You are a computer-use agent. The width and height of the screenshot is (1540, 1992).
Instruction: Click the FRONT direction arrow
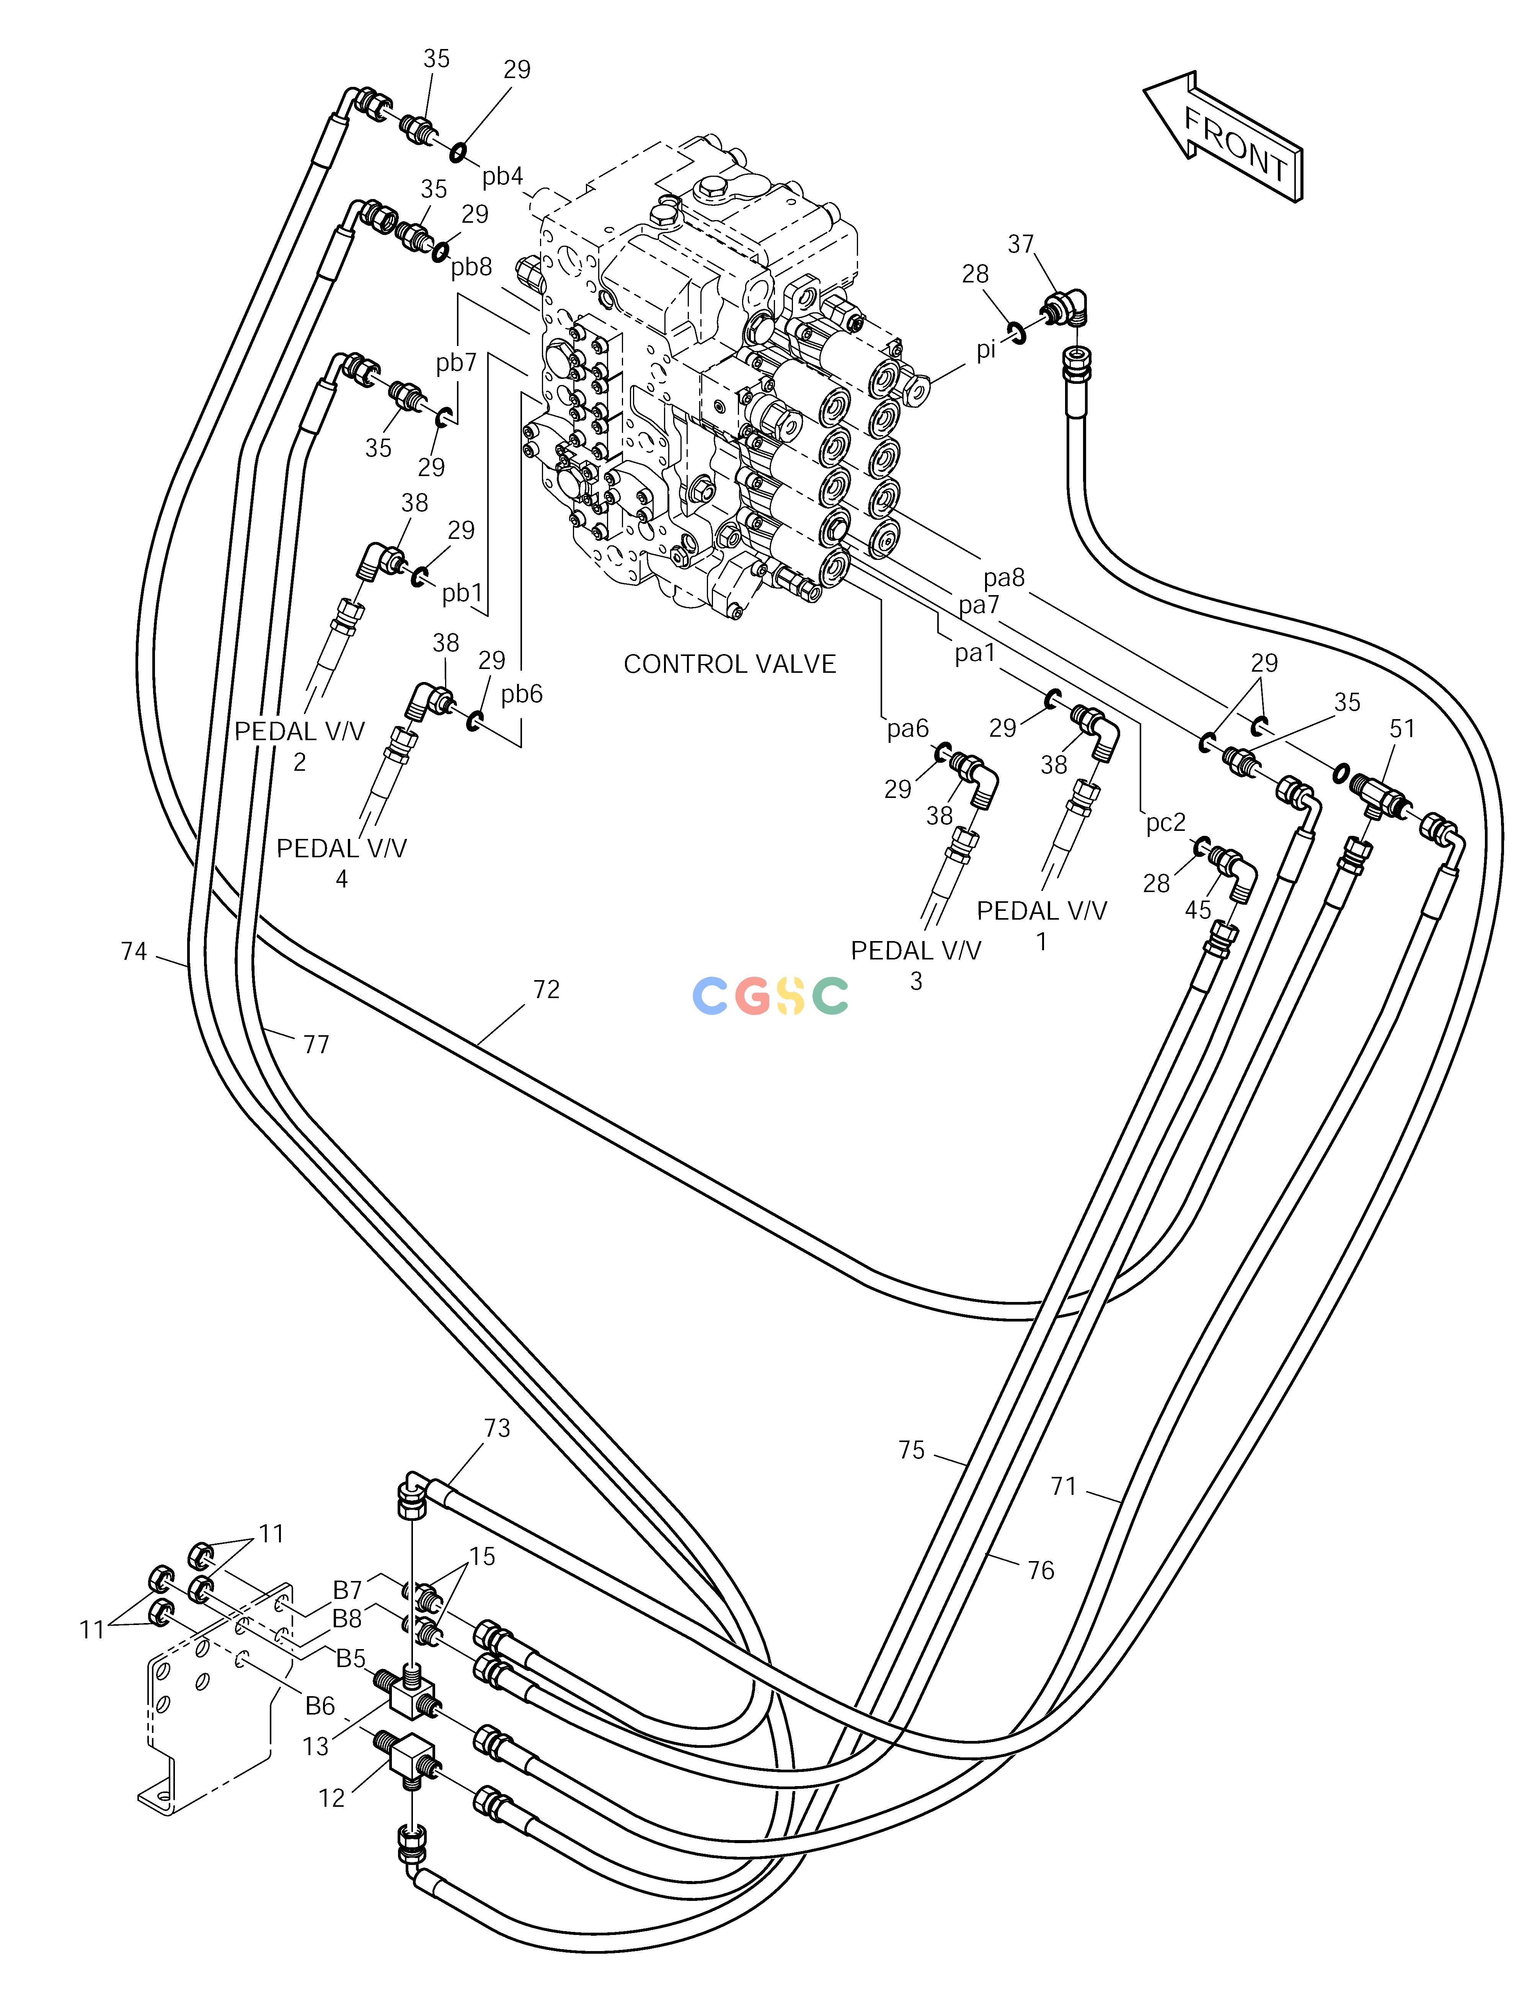pos(1222,137)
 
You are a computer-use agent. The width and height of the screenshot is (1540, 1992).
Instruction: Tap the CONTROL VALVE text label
pos(730,664)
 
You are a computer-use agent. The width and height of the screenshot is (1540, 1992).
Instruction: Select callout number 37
pos(1021,245)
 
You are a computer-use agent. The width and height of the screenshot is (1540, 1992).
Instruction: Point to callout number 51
pos(1402,729)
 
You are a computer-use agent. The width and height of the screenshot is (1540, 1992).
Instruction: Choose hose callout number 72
pos(546,990)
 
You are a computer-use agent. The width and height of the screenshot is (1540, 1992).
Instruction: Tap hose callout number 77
pos(316,1045)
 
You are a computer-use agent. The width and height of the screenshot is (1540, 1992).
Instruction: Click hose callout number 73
pos(497,1428)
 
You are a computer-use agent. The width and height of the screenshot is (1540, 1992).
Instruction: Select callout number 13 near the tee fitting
pos(316,1747)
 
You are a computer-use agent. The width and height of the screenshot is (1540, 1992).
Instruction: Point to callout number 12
pos(332,1798)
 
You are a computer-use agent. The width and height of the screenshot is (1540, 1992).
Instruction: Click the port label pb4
pos(503,176)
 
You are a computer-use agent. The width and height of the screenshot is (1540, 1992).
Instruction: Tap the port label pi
pos(986,350)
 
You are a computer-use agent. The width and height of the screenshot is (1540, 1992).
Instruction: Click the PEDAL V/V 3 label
pos(916,965)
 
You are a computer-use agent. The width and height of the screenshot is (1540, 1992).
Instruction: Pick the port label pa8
pos(1005,578)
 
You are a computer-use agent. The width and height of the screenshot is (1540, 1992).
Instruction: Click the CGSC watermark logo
pos(771,996)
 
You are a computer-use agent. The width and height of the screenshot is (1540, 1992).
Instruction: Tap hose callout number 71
pos(1064,1487)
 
